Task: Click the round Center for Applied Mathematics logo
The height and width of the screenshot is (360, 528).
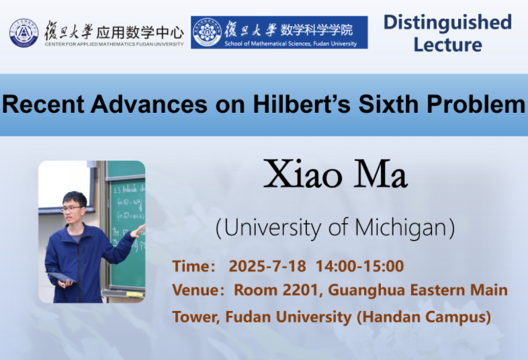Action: click(x=24, y=33)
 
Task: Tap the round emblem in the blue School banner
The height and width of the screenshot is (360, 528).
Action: click(x=208, y=32)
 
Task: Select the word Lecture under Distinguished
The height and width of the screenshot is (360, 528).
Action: click(x=447, y=45)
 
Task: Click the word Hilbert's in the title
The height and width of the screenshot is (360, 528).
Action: click(x=302, y=104)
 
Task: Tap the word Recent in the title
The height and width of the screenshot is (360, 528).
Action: click(x=43, y=104)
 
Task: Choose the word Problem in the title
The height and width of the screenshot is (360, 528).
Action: click(x=476, y=104)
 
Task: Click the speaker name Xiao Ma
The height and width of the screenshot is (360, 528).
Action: click(x=335, y=175)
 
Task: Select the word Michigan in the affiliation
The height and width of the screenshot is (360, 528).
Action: click(x=402, y=228)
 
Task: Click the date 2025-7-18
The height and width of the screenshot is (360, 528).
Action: click(x=267, y=266)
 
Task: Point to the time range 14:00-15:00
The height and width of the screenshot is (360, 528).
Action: click(x=359, y=266)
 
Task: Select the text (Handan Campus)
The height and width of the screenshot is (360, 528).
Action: click(x=424, y=317)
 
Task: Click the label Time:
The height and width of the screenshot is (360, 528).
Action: click(x=193, y=266)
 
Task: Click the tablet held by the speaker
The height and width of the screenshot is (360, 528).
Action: click(x=61, y=277)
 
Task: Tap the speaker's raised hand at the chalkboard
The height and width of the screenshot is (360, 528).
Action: click(x=138, y=231)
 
